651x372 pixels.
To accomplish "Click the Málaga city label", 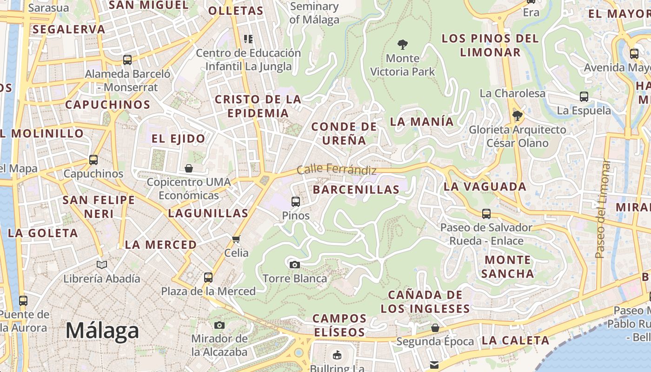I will [x=102, y=331].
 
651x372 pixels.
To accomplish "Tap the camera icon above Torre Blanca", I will [x=294, y=265].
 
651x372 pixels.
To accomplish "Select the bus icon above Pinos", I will [x=295, y=202].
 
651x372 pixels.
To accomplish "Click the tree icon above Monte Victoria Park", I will [x=403, y=45].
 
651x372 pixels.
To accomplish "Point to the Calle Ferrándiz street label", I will [x=336, y=169].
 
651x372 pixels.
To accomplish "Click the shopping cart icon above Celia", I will [x=236, y=239].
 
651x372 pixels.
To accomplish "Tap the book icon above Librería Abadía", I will [x=101, y=265].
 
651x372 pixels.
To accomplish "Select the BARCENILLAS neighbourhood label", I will [x=356, y=189].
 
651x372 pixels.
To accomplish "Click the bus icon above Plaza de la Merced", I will [x=208, y=278].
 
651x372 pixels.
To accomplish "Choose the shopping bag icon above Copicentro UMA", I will [x=189, y=168].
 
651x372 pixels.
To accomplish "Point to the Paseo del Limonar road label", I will [x=603, y=209].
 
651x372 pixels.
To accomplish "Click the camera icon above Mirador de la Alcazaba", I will [x=219, y=325].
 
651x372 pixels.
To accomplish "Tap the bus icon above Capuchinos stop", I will [x=93, y=160].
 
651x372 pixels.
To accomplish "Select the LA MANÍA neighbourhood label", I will [x=422, y=121].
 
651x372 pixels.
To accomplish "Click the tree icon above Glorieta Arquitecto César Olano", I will [x=517, y=115].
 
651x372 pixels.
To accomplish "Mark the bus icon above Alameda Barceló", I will [x=127, y=60].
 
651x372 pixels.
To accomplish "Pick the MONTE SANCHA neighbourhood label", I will [x=507, y=266].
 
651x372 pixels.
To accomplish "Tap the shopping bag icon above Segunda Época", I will [x=435, y=328].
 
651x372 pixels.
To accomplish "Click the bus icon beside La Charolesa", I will [x=584, y=97].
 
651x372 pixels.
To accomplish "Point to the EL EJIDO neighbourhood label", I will [x=178, y=139].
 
